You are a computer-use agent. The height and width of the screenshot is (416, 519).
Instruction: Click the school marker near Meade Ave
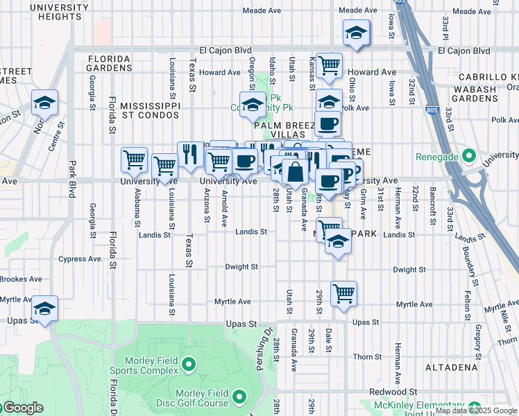coord(357,33)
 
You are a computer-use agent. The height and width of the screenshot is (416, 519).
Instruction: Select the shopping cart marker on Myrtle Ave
coord(343,294)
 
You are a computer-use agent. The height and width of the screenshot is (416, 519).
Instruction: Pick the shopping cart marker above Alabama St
coord(134,160)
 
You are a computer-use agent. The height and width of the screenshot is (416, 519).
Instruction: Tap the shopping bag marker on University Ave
coord(295,172)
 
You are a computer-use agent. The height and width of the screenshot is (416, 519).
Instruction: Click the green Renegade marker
coord(468,155)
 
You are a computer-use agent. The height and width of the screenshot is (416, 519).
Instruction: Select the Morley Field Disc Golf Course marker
coord(239,397)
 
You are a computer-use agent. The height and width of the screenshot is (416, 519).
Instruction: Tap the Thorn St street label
coord(363,356)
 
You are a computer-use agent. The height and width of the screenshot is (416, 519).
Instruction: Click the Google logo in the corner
coord(22,408)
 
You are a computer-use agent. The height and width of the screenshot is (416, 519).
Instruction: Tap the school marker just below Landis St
coord(338,242)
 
